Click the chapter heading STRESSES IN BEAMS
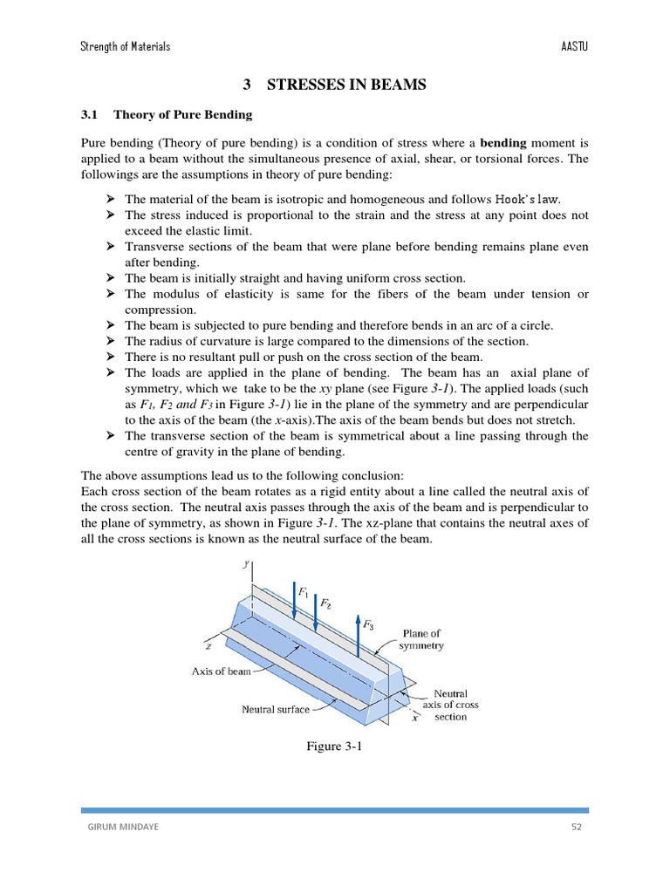tap(346, 85)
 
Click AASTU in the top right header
tap(574, 46)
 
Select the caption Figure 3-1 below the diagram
tap(334, 746)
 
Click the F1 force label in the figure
tap(304, 591)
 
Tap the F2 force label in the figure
tap(325, 603)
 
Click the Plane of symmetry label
tap(421, 639)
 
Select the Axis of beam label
tap(221, 671)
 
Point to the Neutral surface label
tap(275, 709)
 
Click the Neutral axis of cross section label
tap(450, 705)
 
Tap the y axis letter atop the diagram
tap(247, 564)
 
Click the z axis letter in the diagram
tap(207, 648)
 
